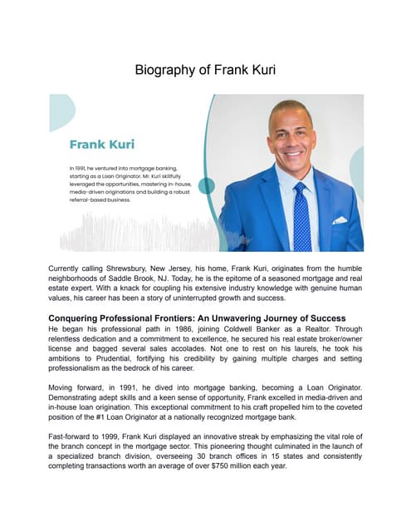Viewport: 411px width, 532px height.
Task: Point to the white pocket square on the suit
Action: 340,220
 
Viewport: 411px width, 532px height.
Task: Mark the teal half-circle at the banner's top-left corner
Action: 61,111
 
